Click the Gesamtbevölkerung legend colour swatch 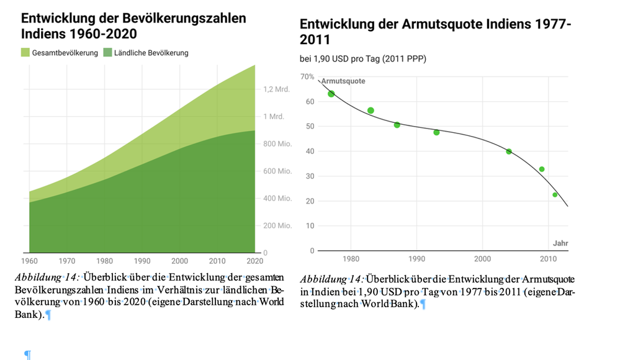coord(25,53)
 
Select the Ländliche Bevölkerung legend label coord(151,53)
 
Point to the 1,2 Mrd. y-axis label coord(277,89)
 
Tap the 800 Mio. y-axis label coord(277,144)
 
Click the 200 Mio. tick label coord(277,226)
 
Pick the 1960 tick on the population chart coord(30,261)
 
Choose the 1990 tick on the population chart coord(142,261)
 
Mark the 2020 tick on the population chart coord(254,261)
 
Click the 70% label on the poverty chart coord(307,76)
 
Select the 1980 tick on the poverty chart coord(351,258)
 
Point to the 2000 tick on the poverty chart coord(482,258)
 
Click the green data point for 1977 coord(331,94)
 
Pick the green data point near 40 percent coord(509,151)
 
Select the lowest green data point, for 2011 coord(555,195)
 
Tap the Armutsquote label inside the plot coord(343,81)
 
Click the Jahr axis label coord(560,243)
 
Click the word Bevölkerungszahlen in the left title coord(179,18)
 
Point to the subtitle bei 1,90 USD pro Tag coord(363,59)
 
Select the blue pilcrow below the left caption coord(27,354)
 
